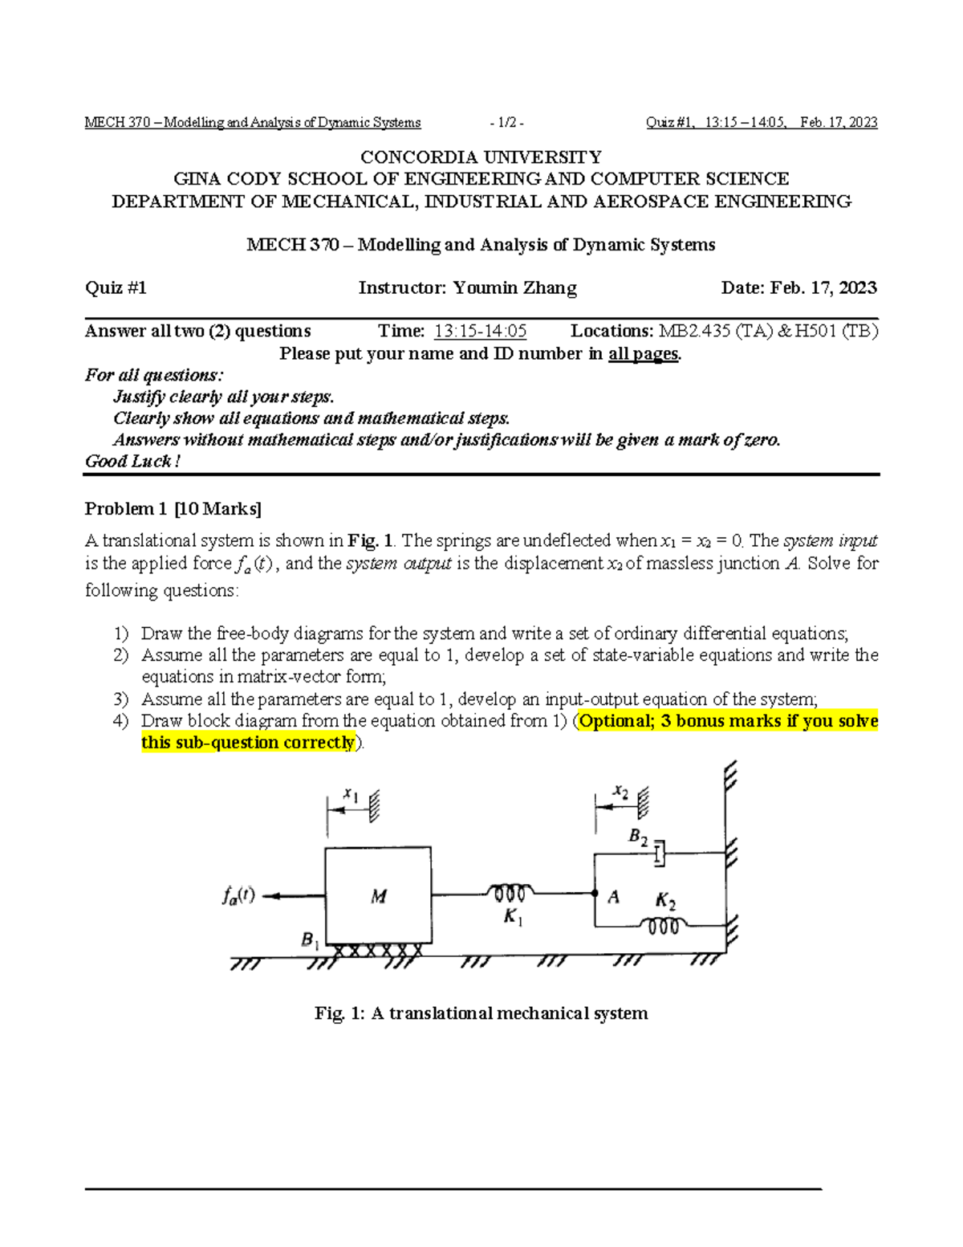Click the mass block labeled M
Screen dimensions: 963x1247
coord(377,895)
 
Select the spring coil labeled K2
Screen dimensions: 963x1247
coord(663,926)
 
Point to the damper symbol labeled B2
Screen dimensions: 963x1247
coord(660,854)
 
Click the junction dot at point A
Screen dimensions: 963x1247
coord(595,893)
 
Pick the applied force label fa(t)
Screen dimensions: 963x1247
coord(238,895)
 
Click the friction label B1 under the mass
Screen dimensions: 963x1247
coord(310,939)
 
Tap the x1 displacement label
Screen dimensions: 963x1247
coord(351,794)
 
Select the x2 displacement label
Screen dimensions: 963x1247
coord(620,792)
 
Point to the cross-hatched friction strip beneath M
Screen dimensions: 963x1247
coord(377,952)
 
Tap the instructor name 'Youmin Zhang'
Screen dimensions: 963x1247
coord(514,287)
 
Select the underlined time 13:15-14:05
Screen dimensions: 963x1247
coord(480,331)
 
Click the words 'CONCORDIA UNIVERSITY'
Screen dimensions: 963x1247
coord(481,157)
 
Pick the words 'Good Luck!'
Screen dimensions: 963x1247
coord(132,461)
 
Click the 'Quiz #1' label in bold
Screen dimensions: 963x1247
coord(116,287)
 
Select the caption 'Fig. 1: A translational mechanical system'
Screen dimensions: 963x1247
coord(481,1013)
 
